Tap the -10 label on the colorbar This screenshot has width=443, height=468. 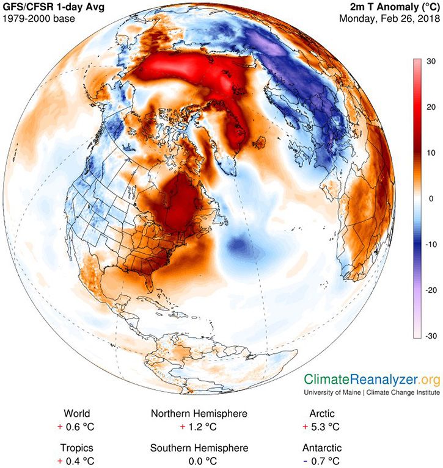(430, 244)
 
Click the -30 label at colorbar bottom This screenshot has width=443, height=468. (430, 336)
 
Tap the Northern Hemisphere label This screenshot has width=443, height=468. (199, 414)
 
